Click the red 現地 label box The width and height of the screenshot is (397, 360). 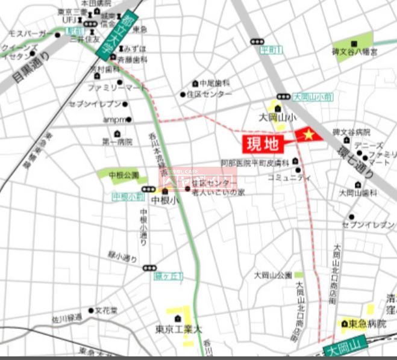point(260,144)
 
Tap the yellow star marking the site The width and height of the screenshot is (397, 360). point(308,135)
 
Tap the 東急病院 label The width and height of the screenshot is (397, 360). point(366,324)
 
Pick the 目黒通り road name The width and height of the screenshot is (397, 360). point(32,68)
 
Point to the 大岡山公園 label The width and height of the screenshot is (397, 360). point(272,275)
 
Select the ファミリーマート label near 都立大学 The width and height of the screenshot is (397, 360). point(117,88)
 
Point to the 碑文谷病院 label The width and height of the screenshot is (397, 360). point(352,132)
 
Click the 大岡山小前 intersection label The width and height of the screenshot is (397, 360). point(313,96)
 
